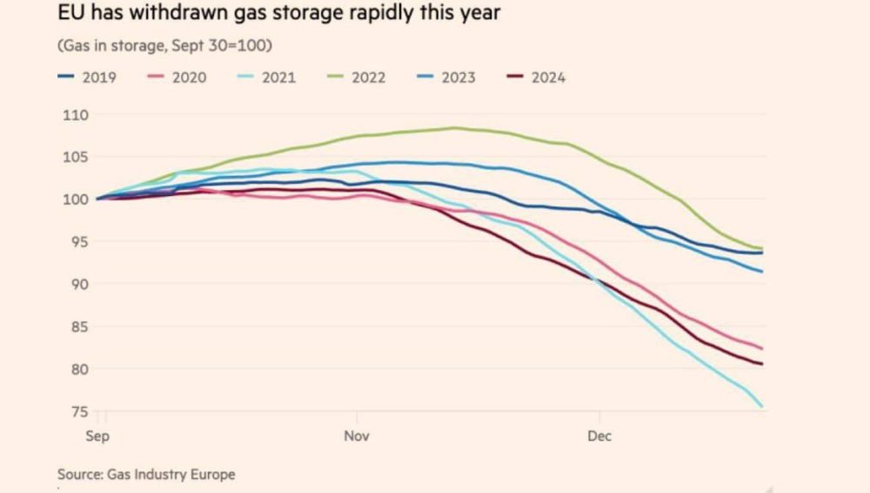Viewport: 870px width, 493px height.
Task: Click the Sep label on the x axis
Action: tap(97, 436)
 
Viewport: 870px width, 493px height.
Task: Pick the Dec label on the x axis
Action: tap(599, 436)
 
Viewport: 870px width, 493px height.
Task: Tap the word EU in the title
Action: tap(69, 15)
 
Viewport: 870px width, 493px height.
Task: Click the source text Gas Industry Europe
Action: tap(171, 475)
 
